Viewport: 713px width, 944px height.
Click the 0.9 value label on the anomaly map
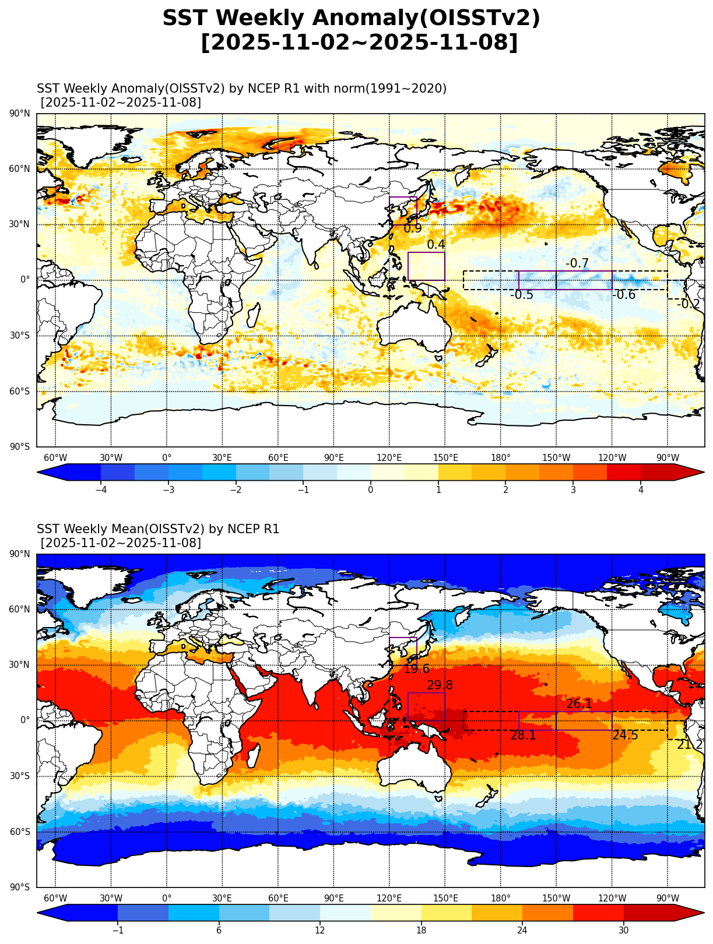click(x=413, y=229)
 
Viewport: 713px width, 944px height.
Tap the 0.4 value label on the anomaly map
click(x=436, y=245)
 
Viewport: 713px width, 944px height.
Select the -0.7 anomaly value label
click(x=577, y=264)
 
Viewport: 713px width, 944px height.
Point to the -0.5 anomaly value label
click(x=522, y=295)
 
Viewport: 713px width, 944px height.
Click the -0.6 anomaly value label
click(x=624, y=295)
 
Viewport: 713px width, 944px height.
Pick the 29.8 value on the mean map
click(x=440, y=686)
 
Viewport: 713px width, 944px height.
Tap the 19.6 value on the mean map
click(x=416, y=670)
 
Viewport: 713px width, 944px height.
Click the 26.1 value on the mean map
click(x=579, y=705)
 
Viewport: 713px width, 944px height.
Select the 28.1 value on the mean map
click(x=523, y=736)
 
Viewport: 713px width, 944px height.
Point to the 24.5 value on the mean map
click(x=625, y=736)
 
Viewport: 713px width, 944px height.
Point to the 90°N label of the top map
click(x=20, y=114)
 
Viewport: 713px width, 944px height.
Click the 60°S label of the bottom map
click(x=20, y=832)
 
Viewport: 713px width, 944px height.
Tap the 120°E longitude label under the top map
click(x=389, y=458)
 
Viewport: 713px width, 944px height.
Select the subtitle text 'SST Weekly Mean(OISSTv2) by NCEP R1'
click(x=158, y=529)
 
